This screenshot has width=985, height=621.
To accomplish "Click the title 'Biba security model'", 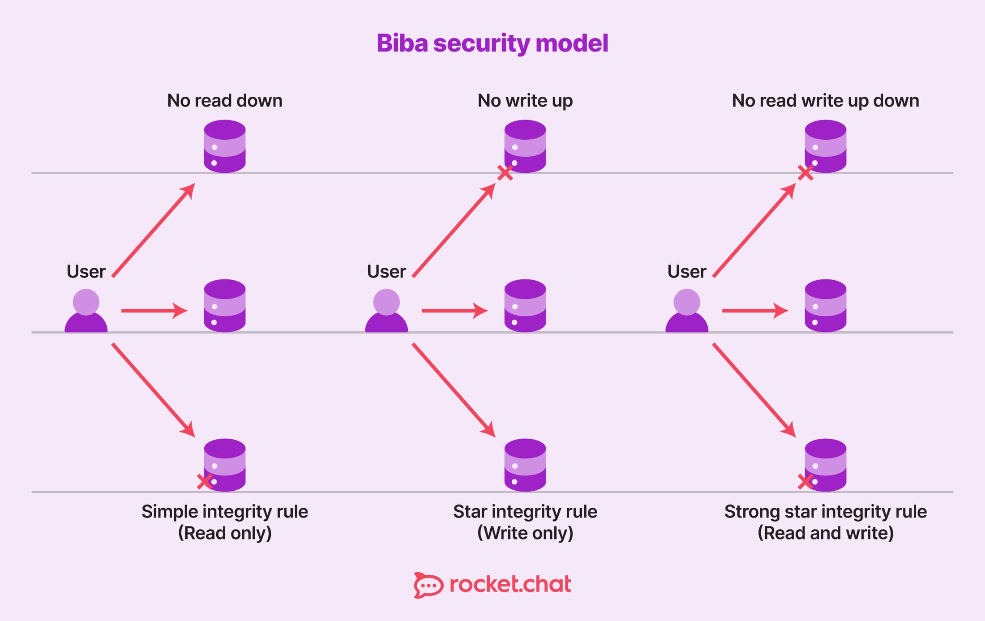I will (492, 43).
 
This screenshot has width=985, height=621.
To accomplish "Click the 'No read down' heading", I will (225, 101).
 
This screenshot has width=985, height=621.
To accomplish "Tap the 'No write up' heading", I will (525, 101).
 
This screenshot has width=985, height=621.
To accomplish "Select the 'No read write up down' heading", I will (825, 101).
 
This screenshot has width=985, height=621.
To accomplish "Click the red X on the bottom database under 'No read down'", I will (204, 482).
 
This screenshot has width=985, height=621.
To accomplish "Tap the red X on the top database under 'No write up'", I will (505, 172).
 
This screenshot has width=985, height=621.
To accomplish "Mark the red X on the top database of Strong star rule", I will (805, 172).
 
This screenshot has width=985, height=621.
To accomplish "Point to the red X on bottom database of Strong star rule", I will (805, 482).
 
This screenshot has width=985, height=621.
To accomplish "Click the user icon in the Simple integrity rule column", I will (86, 311).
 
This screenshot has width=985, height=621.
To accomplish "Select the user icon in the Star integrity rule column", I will (386, 311).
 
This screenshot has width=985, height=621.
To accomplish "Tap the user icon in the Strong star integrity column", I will (687, 311).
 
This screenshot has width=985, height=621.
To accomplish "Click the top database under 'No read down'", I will (225, 146).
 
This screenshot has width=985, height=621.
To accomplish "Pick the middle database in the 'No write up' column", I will (525, 306).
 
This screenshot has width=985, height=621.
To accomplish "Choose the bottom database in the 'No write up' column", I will (525, 465).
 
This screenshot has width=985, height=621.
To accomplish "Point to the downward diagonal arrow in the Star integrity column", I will (453, 390).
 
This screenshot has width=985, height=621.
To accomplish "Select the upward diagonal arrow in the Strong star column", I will (754, 230).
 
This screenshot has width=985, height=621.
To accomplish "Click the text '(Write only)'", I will (525, 533).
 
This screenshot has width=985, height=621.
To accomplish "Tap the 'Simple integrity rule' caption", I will (225, 512).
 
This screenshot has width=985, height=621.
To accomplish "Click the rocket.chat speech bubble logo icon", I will (428, 585).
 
